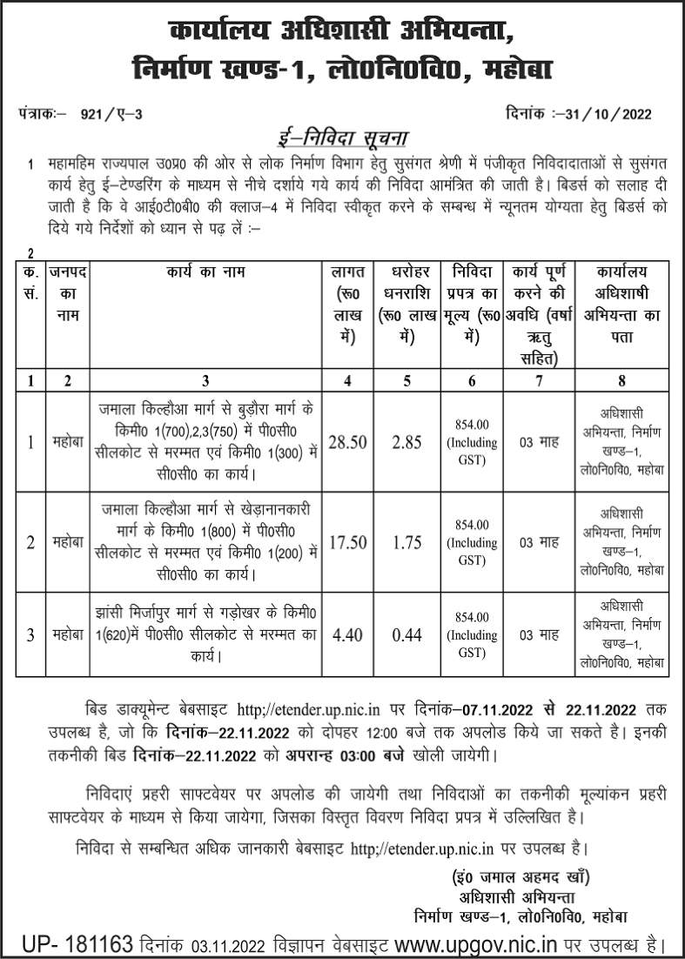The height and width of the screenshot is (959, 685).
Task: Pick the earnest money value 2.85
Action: pyautogui.click(x=406, y=442)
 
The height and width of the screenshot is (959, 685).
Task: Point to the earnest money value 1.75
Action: pyautogui.click(x=406, y=541)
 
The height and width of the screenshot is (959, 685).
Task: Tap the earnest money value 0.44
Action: pyautogui.click(x=406, y=634)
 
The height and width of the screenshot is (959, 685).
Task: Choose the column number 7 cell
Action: pyautogui.click(x=539, y=379)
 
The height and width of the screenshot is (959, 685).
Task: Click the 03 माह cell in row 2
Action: pyautogui.click(x=539, y=541)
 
